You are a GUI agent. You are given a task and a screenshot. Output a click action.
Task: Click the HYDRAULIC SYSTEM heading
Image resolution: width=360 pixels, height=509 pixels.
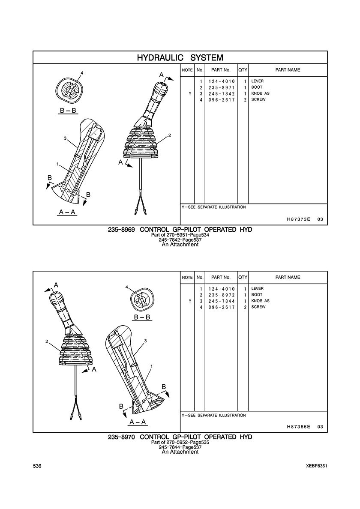tap(180, 58)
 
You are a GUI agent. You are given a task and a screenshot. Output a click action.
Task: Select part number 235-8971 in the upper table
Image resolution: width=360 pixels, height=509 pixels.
tap(222, 88)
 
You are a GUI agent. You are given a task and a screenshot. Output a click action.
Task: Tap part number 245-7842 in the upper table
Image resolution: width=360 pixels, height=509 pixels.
tap(222, 94)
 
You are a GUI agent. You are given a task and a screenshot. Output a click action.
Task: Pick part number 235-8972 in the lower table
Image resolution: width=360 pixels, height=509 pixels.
tap(222, 295)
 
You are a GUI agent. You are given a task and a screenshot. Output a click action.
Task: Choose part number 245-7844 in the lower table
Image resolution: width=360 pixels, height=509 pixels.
tap(222, 301)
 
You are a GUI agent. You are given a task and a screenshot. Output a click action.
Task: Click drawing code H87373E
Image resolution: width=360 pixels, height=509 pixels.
tap(299, 219)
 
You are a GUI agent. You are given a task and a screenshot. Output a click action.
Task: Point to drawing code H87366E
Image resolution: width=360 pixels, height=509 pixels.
tap(299, 427)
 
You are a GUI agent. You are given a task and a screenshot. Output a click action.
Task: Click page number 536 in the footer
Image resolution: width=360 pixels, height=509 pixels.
tap(37, 466)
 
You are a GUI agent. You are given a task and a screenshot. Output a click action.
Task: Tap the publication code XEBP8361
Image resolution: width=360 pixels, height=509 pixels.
tap(317, 466)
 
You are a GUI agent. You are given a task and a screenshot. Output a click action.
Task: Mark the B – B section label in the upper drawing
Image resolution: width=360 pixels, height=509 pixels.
tap(68, 111)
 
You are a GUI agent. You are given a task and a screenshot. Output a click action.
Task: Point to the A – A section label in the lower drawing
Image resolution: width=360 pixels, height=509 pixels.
tap(138, 422)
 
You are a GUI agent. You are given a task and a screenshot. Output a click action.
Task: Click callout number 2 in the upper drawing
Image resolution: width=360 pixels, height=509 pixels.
tap(169, 135)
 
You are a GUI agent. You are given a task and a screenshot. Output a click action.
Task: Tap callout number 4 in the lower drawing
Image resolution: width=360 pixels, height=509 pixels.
tap(126, 287)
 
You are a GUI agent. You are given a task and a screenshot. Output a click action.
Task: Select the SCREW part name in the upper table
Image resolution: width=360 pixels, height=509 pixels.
tap(258, 100)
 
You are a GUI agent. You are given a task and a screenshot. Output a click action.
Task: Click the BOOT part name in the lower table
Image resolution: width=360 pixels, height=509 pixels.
tap(257, 295)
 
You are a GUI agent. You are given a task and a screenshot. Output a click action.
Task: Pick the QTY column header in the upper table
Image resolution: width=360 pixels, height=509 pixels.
tap(243, 70)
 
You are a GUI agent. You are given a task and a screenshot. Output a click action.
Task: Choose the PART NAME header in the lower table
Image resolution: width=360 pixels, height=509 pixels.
tap(288, 277)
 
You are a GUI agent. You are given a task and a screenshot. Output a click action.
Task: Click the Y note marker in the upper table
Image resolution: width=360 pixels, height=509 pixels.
tap(190, 94)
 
